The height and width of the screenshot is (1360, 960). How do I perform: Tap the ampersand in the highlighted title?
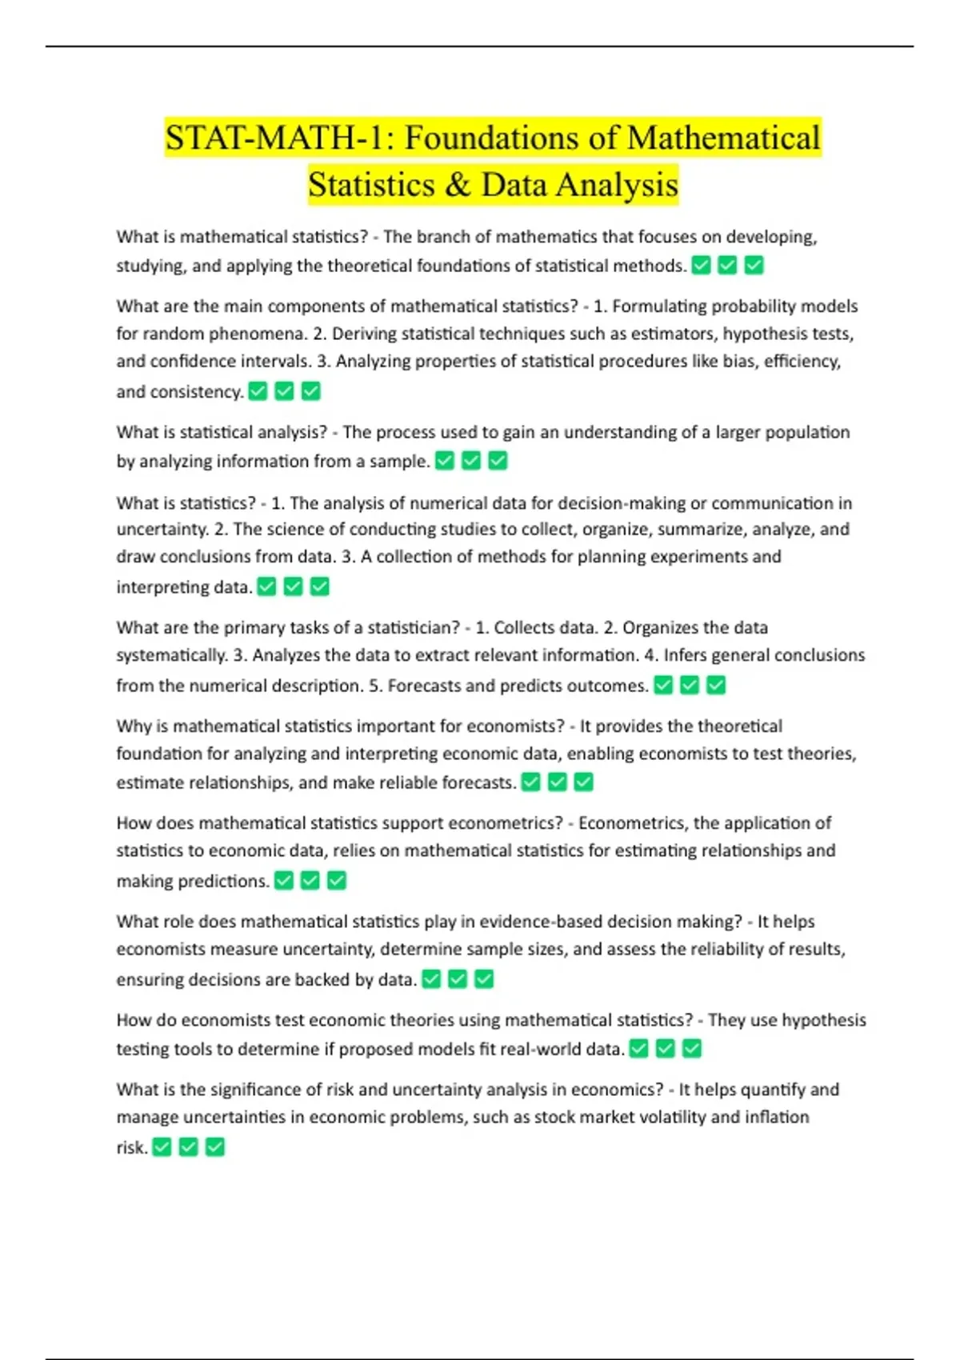click(458, 185)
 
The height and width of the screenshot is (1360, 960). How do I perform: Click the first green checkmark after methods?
click(702, 265)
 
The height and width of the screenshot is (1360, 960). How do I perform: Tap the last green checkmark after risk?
click(215, 1148)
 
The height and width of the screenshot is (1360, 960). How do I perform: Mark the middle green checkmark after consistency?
click(284, 391)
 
